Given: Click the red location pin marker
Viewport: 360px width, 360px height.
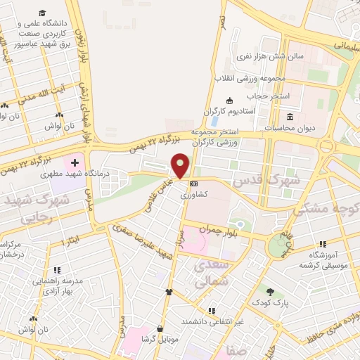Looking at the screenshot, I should coord(181,166).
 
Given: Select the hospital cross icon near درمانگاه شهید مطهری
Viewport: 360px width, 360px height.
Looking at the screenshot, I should coord(75,163).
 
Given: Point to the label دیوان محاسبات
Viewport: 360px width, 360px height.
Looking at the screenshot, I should coord(290,129).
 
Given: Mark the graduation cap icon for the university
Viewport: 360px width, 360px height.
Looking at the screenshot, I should coord(43,14).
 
